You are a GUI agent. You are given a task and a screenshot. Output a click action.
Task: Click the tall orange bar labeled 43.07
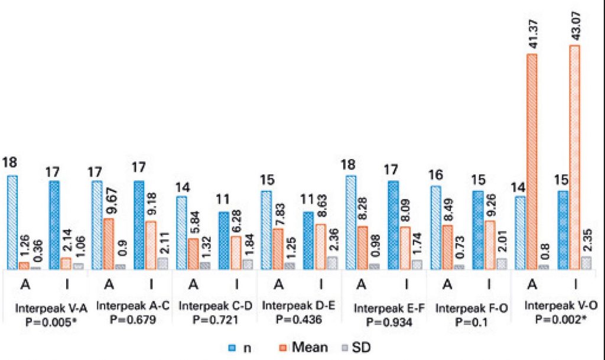(x=574, y=157)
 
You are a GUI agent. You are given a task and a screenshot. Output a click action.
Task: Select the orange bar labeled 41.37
(x=532, y=161)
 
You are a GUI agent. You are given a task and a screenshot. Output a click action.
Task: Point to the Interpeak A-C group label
(x=125, y=307)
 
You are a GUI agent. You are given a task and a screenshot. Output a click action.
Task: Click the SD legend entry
(x=365, y=348)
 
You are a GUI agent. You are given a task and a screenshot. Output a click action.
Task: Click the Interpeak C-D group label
(x=208, y=307)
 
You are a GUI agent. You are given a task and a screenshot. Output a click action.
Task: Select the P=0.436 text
(x=291, y=320)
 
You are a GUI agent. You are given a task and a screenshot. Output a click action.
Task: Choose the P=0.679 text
(x=125, y=320)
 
